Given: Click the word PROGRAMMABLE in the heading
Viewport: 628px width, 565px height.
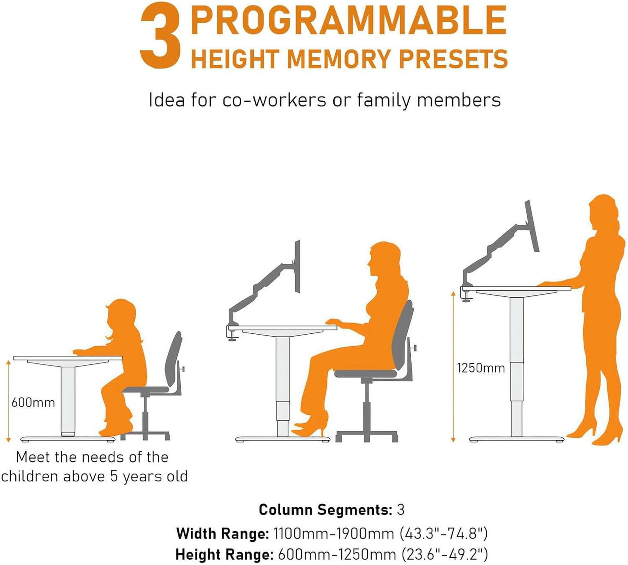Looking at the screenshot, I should (349, 20).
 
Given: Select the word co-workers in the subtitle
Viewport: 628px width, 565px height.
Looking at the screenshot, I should (274, 100).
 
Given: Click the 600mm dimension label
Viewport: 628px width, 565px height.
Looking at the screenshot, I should (33, 402).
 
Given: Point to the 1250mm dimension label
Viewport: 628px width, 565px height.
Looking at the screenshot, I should (481, 368).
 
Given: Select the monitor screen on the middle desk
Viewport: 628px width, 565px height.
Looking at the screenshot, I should (297, 266).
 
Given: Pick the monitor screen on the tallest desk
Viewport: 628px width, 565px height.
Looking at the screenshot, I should (532, 226).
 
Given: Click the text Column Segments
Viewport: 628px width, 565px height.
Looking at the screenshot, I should (325, 509).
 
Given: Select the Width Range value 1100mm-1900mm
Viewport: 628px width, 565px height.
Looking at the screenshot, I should (333, 533).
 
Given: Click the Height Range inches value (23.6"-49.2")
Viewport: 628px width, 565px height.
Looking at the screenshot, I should (444, 555).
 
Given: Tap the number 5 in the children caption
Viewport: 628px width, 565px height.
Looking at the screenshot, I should (114, 476).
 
